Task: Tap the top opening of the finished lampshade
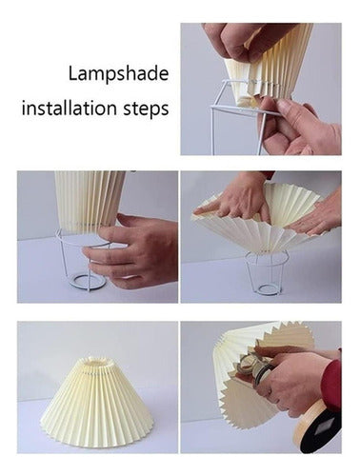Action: (x=95, y=364)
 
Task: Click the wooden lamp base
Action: (x=317, y=424)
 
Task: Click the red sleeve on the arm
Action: (x=331, y=384)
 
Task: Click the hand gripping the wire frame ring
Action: (x=133, y=248)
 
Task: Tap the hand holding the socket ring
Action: (x=293, y=380)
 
